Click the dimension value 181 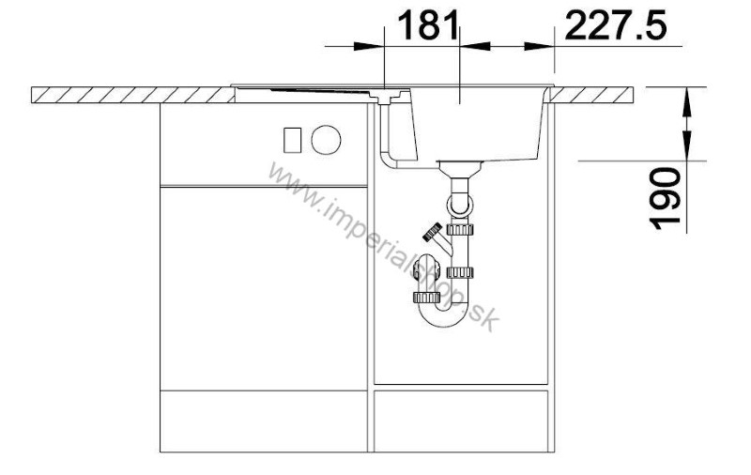pos(428,25)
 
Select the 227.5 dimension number pos(616,25)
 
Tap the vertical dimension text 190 pos(666,197)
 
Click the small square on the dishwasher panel pos(292,140)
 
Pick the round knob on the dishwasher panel pos(326,140)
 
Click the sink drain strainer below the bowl pos(459,168)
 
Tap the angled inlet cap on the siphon pos(433,232)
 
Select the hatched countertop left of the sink pos(132,95)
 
